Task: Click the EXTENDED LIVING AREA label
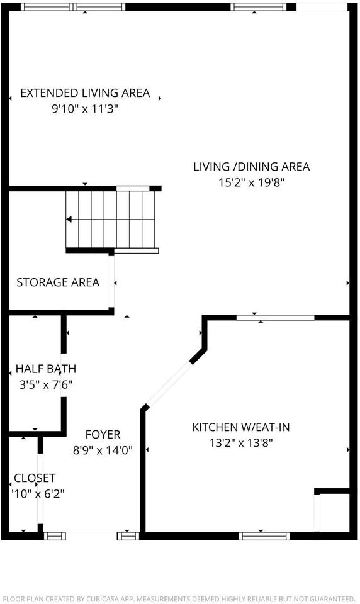pyautogui.click(x=85, y=93)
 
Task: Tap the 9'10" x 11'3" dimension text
pyautogui.click(x=85, y=109)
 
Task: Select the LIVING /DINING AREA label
pyautogui.click(x=251, y=167)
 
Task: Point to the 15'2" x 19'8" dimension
pyautogui.click(x=251, y=182)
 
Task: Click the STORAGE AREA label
pyautogui.click(x=58, y=282)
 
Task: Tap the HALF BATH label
pyautogui.click(x=45, y=369)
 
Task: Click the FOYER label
pyautogui.click(x=103, y=435)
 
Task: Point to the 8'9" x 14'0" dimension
pyautogui.click(x=103, y=450)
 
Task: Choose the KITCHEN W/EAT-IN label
pyautogui.click(x=241, y=427)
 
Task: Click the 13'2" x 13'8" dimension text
pyautogui.click(x=241, y=443)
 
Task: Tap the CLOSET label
pyautogui.click(x=35, y=478)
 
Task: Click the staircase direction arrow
pyautogui.click(x=69, y=220)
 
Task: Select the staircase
pyautogui.click(x=111, y=220)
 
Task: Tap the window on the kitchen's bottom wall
pyautogui.click(x=264, y=536)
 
